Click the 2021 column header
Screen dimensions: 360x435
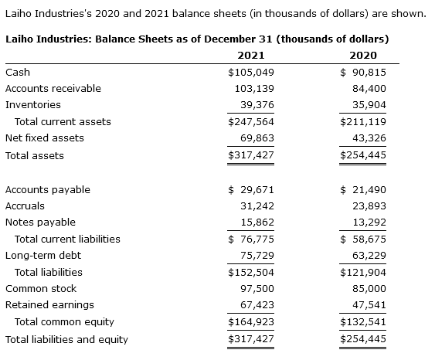251,55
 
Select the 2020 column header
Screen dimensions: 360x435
363,55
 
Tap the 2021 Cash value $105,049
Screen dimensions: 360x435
251,72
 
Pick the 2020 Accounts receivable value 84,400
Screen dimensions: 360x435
369,88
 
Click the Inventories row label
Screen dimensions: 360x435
32,104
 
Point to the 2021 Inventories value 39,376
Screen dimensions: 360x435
257,104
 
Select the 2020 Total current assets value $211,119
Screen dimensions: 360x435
363,121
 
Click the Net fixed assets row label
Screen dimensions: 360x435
44,138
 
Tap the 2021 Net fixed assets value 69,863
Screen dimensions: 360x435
257,138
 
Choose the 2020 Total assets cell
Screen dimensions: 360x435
363,155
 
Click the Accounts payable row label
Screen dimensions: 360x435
47,189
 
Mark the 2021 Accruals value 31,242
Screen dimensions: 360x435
257,205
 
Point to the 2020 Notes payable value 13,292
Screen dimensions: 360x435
369,222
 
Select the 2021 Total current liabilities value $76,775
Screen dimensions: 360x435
251,239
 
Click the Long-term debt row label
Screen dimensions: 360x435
42,255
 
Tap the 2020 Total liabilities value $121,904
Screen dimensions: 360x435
363,272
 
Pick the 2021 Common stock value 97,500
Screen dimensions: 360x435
257,288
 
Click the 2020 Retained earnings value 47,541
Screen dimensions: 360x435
369,304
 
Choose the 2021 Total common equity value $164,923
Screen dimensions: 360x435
251,321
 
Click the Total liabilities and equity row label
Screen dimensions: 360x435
66,339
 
